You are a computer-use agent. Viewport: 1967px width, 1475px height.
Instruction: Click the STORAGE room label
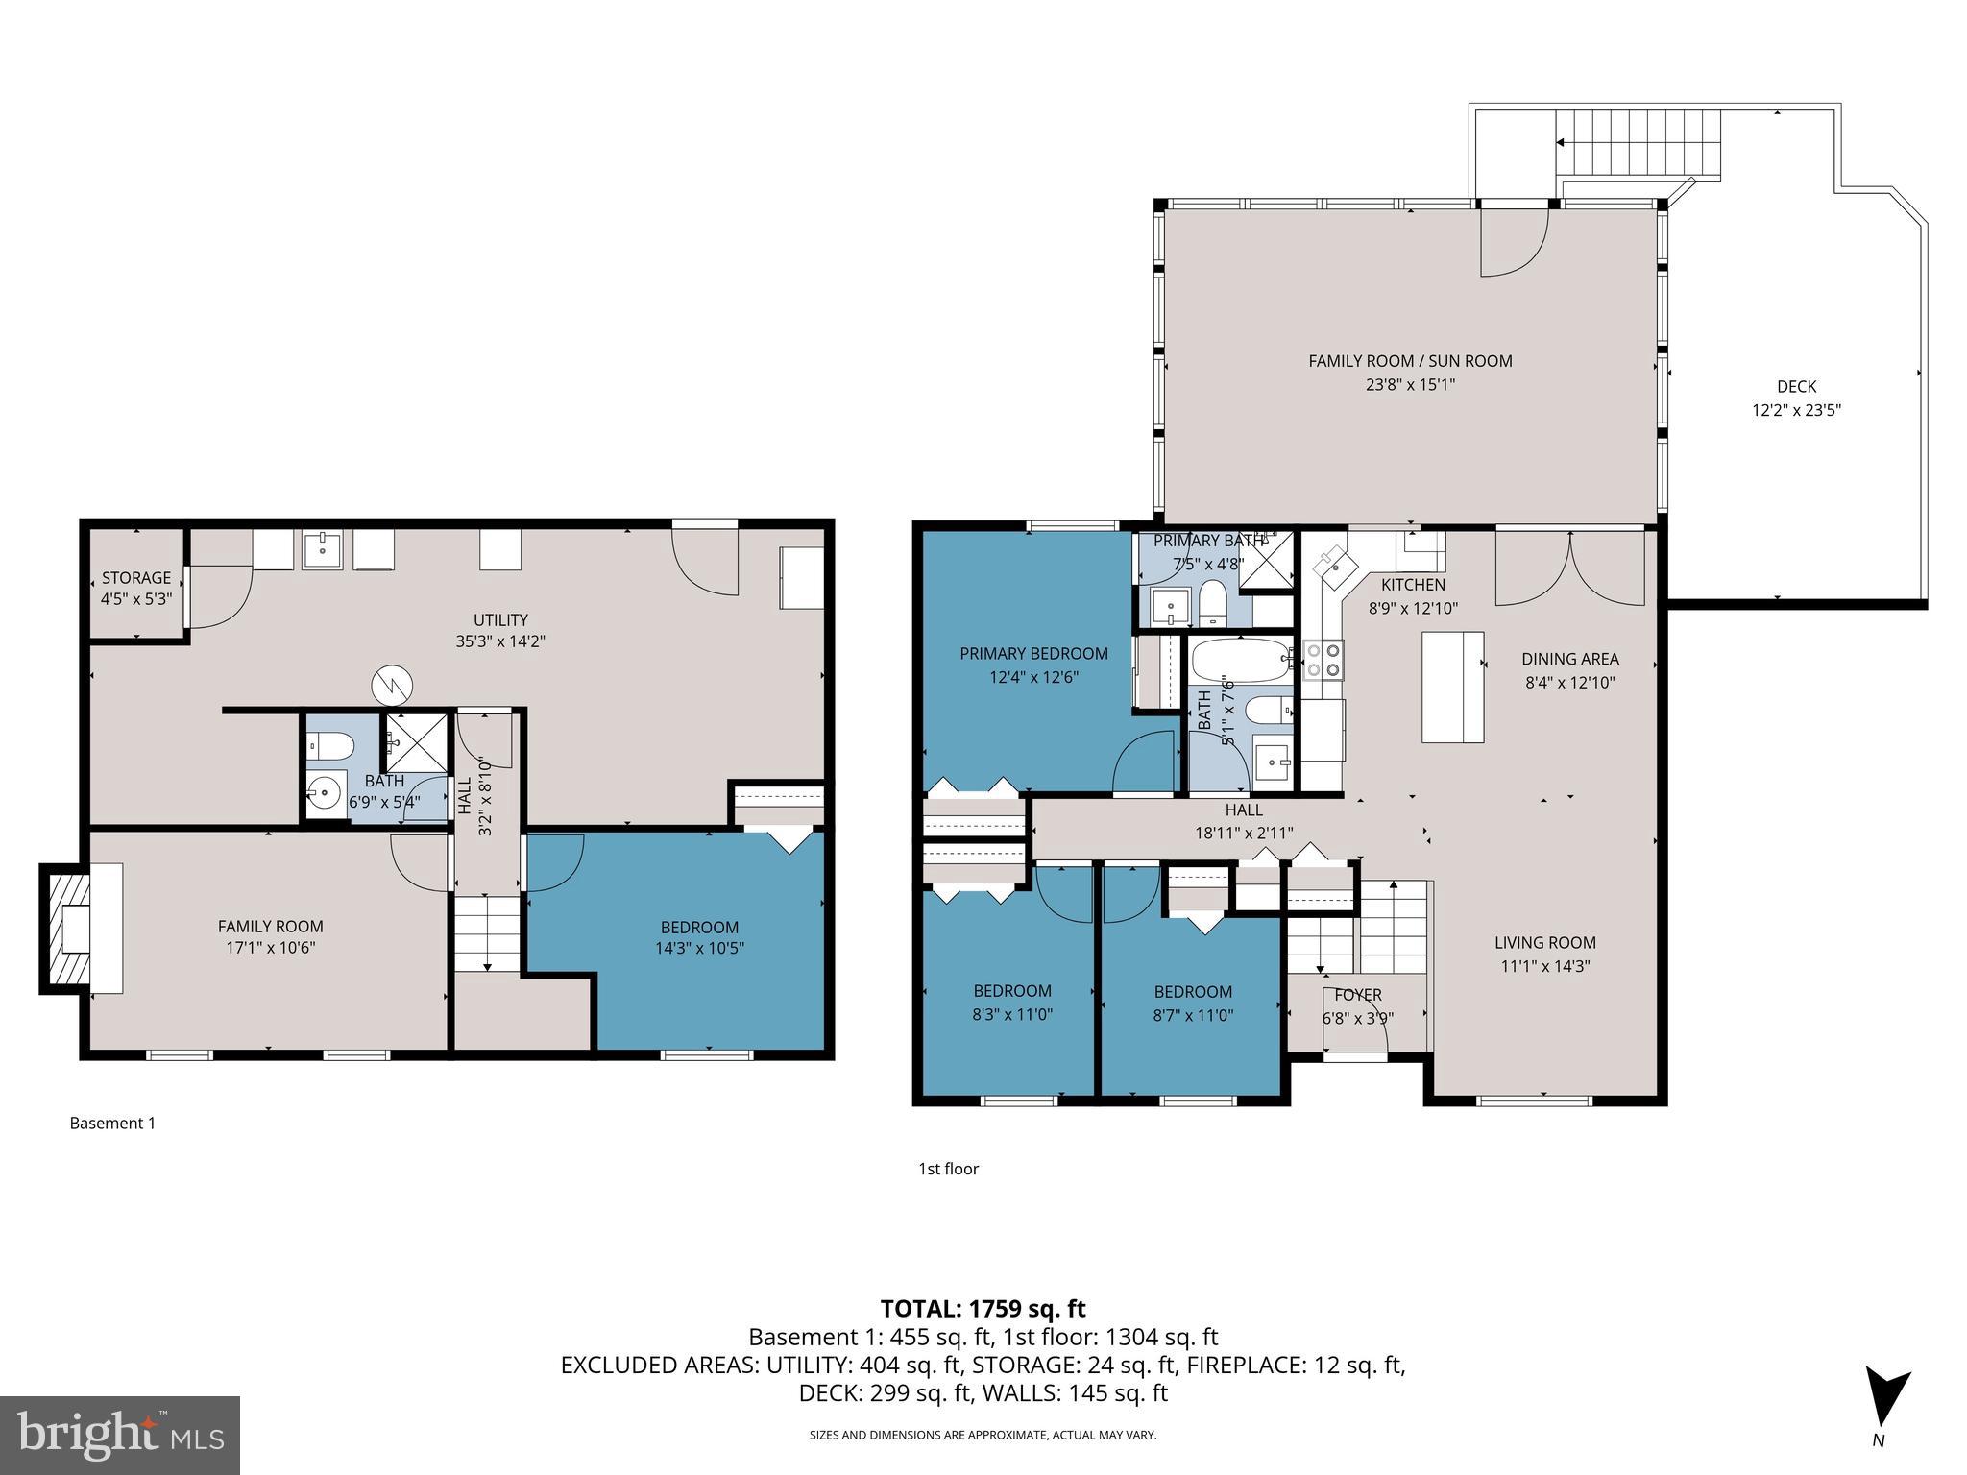(x=136, y=577)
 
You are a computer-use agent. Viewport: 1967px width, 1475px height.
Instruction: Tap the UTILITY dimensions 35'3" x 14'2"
(x=500, y=641)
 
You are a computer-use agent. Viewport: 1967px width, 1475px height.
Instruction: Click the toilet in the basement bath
(x=329, y=745)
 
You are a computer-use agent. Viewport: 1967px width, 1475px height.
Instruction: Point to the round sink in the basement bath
(x=326, y=793)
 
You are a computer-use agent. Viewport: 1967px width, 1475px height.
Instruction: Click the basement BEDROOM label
(x=699, y=927)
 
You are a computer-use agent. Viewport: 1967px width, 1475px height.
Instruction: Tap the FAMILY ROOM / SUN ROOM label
(x=1409, y=361)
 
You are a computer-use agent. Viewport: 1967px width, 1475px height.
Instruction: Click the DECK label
(x=1796, y=386)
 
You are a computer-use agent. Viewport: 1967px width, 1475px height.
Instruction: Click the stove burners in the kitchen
(x=1323, y=661)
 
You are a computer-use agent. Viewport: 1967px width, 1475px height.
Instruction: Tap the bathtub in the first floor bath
(x=1241, y=661)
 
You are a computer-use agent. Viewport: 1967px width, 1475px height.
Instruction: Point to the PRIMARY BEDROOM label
(x=1033, y=653)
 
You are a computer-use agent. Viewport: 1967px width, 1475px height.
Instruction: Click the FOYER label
(x=1357, y=995)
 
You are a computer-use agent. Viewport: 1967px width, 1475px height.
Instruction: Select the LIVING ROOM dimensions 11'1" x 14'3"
(x=1544, y=966)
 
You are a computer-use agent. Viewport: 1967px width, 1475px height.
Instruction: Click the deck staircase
(x=1638, y=144)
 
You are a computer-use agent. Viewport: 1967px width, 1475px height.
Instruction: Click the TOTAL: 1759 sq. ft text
(x=983, y=1308)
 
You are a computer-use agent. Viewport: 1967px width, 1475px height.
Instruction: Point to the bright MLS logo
(x=119, y=1436)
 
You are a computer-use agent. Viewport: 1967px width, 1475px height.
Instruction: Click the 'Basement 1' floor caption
(x=112, y=1123)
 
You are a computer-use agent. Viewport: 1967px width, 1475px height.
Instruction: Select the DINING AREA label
(x=1569, y=659)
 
